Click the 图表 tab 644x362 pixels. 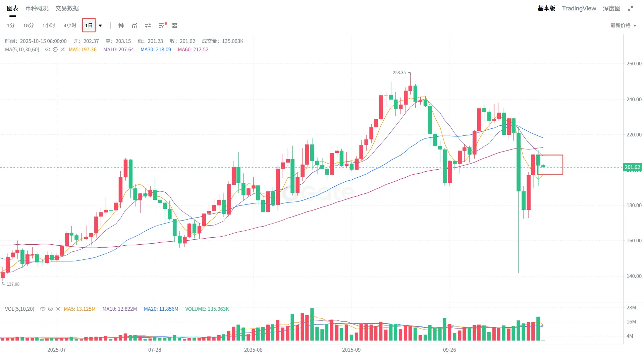coord(12,8)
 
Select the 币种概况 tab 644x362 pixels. coord(37,8)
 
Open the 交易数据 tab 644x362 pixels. coord(67,8)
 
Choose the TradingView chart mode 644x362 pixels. coord(579,8)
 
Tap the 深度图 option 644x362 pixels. coord(611,8)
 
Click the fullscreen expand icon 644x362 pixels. coord(631,8)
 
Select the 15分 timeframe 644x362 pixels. coord(29,25)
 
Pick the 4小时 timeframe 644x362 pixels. coord(70,25)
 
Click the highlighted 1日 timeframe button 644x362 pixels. coord(89,25)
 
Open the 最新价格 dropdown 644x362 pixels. coord(623,25)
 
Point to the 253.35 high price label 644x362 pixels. coord(399,73)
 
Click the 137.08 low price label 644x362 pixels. coord(13,284)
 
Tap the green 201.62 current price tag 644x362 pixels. coord(632,167)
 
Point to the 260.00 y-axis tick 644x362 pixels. coord(634,64)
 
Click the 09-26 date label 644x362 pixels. coord(449,350)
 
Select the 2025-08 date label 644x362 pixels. coord(253,350)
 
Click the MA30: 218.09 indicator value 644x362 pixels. coord(156,50)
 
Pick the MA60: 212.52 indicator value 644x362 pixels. coord(193,50)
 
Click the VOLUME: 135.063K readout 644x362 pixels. coord(207,309)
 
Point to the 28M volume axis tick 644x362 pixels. coord(631,308)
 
